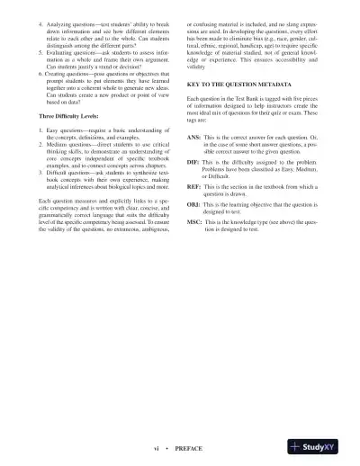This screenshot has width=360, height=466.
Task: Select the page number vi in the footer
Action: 157,447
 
